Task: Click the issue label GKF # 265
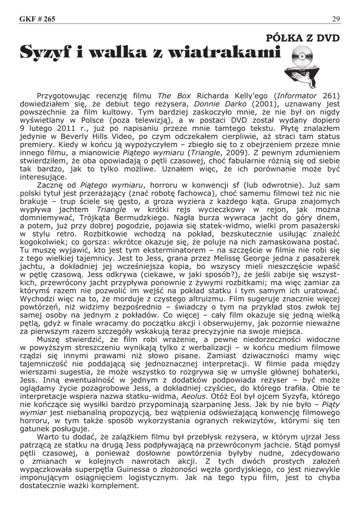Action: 37,19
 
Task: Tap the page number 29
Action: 336,19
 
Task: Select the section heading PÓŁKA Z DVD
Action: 303,38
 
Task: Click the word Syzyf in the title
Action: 47,52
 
